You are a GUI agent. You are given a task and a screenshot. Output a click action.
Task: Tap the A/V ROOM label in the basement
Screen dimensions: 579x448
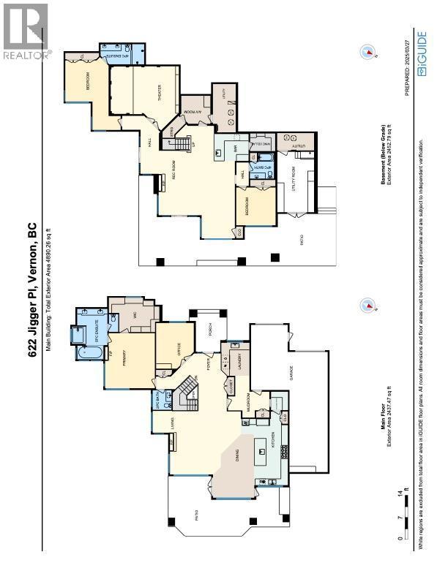(197, 113)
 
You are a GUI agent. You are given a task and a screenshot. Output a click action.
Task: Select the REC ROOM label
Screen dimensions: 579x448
(174, 173)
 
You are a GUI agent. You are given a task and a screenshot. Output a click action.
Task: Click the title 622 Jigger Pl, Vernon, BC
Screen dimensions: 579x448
(33, 289)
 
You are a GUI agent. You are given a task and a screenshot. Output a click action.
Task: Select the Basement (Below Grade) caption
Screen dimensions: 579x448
(383, 164)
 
